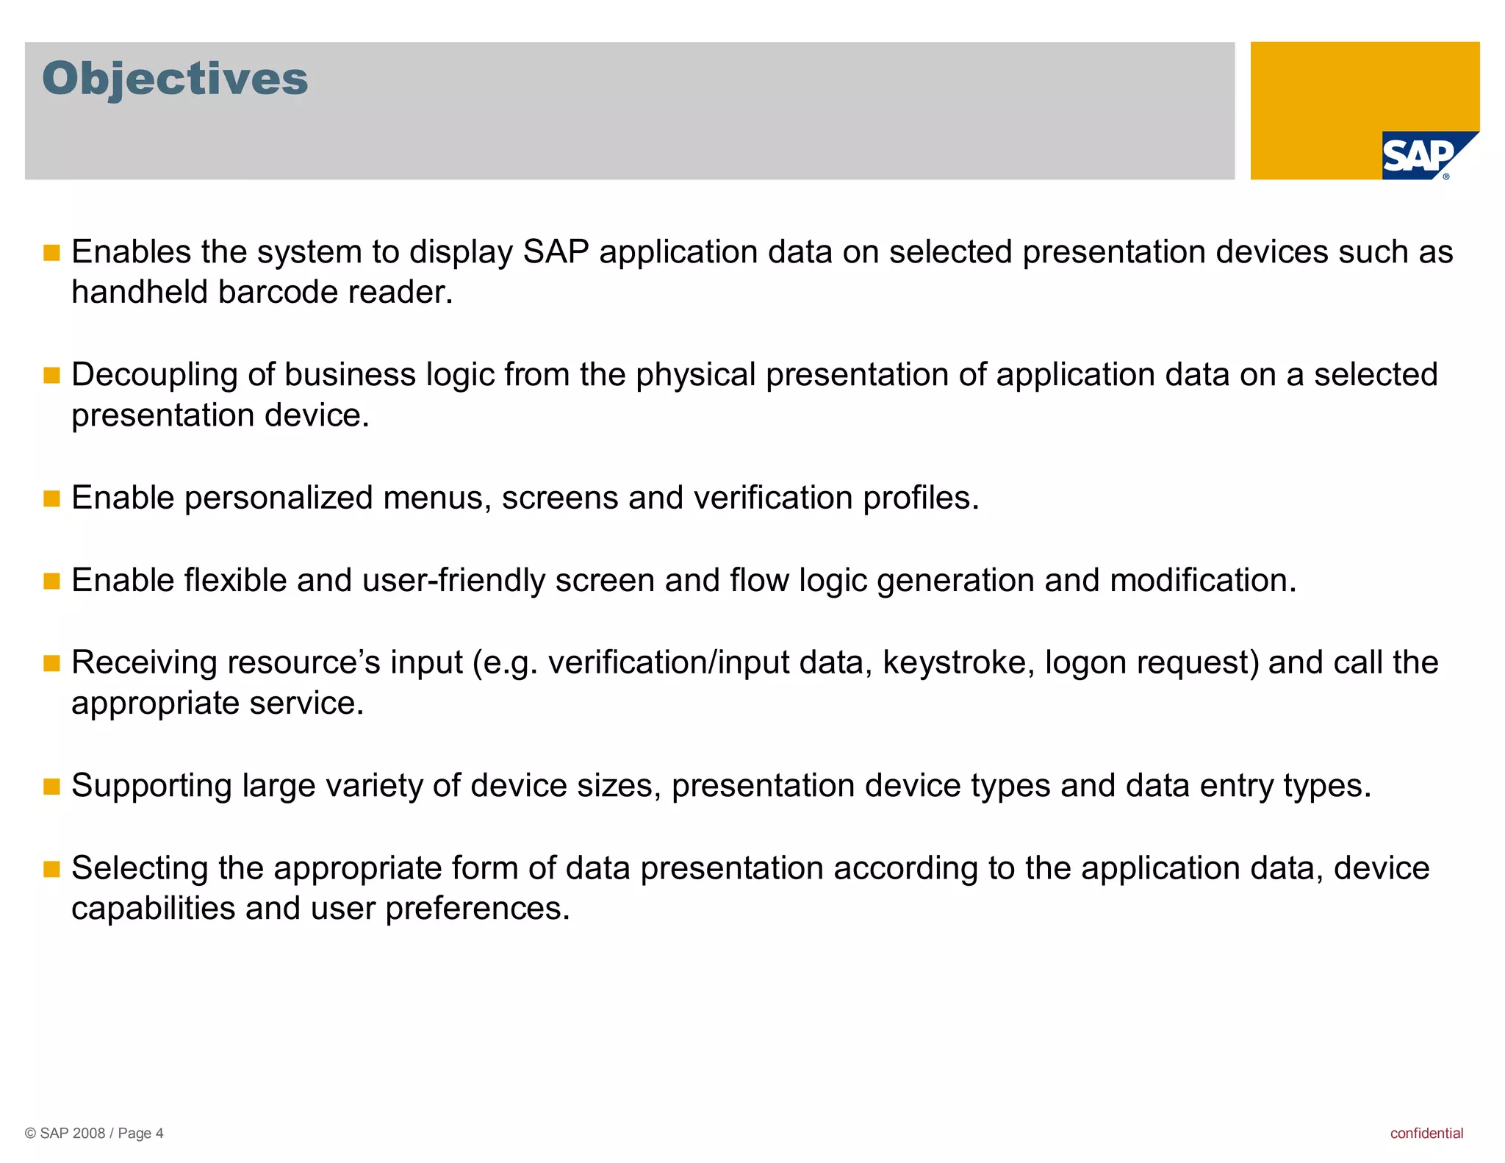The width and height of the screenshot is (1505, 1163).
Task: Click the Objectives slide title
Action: tap(175, 79)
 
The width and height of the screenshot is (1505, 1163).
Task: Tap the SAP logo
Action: tap(1419, 156)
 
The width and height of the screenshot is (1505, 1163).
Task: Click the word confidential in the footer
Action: tap(1426, 1133)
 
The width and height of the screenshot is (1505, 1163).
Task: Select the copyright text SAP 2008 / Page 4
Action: tap(94, 1133)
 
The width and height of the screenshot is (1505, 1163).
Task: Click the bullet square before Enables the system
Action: tap(51, 254)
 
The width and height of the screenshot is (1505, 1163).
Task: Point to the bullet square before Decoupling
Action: tap(51, 376)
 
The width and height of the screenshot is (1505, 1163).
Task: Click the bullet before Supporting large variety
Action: tap(51, 787)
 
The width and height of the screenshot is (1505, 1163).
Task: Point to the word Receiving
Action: tap(144, 663)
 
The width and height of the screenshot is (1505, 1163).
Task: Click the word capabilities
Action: tap(153, 909)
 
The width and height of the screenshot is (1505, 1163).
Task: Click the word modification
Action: tap(1202, 581)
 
